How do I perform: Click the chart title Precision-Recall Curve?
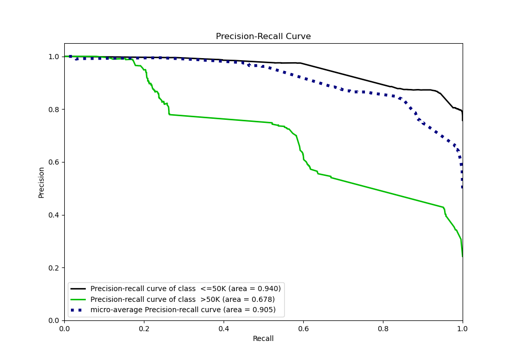coord(263,37)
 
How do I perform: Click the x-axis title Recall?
coord(263,338)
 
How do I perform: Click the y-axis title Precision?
coord(42,182)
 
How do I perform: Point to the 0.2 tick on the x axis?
coord(144,328)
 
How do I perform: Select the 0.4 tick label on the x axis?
coord(224,328)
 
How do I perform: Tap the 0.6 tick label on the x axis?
coord(303,328)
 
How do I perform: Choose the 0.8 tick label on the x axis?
coord(383,328)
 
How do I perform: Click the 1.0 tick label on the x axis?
coord(463,328)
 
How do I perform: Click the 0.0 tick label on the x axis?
coord(64,328)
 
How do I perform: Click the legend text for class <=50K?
coord(186,289)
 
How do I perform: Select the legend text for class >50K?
coord(182,299)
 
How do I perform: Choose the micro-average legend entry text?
coord(183,310)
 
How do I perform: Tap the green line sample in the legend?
coord(79,299)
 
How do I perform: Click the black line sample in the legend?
coord(79,289)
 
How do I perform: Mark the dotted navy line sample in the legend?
coord(79,310)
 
